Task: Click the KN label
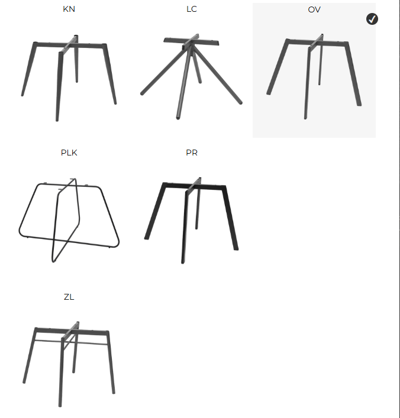69,9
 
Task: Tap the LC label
192,9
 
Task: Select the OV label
314,9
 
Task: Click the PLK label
69,153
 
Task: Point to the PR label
192,153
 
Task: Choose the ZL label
69,297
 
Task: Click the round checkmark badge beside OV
372,19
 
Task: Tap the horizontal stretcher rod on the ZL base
72,342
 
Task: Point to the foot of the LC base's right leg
240,102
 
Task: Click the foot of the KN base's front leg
57,120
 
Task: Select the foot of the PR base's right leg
236,249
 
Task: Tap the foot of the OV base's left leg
269,93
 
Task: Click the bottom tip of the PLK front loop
53,261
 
